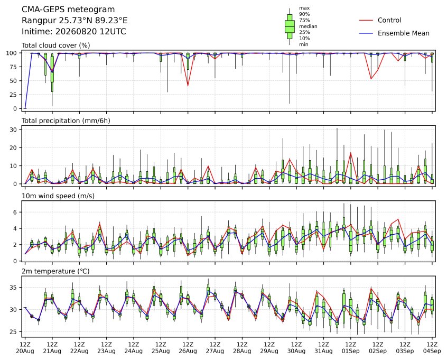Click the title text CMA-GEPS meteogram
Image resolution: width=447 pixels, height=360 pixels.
[x=68, y=10]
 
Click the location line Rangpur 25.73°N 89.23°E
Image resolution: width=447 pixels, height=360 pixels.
[x=74, y=21]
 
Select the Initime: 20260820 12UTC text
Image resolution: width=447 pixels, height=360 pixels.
[x=74, y=31]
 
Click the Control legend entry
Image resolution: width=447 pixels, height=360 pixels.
[x=389, y=20]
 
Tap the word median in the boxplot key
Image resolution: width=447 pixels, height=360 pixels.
[x=308, y=26]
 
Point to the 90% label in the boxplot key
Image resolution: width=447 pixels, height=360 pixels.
[x=304, y=14]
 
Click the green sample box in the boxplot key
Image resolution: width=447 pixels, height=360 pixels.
[x=290, y=26]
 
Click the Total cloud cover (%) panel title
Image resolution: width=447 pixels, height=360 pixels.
[x=56, y=45]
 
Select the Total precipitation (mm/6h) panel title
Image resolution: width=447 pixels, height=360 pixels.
[x=66, y=121]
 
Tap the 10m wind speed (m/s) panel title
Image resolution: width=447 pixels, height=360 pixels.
[x=58, y=196]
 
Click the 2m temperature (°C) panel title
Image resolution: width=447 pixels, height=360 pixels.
[x=55, y=271]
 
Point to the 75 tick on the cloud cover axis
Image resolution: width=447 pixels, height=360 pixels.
[x=14, y=67]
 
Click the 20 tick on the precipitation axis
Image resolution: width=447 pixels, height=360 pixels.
[x=14, y=148]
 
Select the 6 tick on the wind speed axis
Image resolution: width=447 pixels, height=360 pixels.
[x=15, y=212]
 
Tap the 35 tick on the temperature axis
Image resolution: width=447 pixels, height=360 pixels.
[x=14, y=288]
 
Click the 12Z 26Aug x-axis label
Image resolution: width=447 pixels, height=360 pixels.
[x=188, y=348]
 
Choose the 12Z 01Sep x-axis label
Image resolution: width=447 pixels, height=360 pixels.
[x=351, y=348]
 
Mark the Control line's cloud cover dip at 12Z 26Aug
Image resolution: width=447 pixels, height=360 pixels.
[x=188, y=85]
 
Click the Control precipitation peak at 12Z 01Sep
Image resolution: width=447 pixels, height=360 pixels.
[x=351, y=153]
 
